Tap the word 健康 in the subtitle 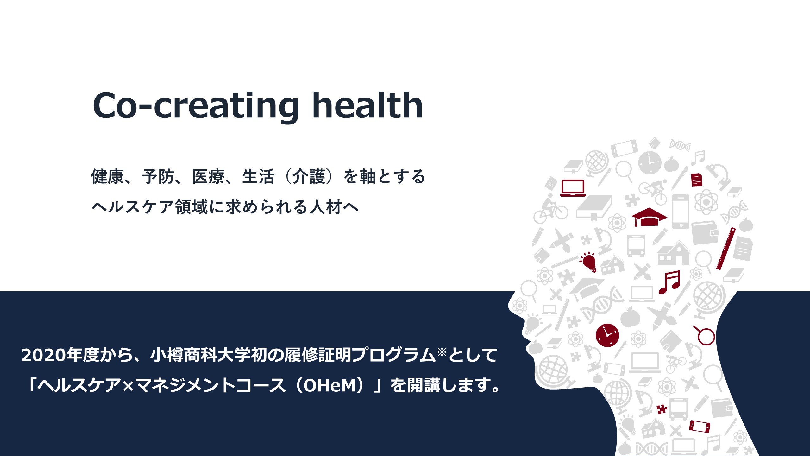pyautogui.click(x=107, y=176)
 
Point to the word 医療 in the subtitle pyautogui.click(x=208, y=176)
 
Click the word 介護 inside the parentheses pyautogui.click(x=309, y=176)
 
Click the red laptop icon pyautogui.click(x=573, y=188)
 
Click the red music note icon pyautogui.click(x=669, y=282)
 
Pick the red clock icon pyautogui.click(x=607, y=335)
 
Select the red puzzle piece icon pyautogui.click(x=662, y=409)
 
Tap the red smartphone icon pyautogui.click(x=700, y=426)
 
